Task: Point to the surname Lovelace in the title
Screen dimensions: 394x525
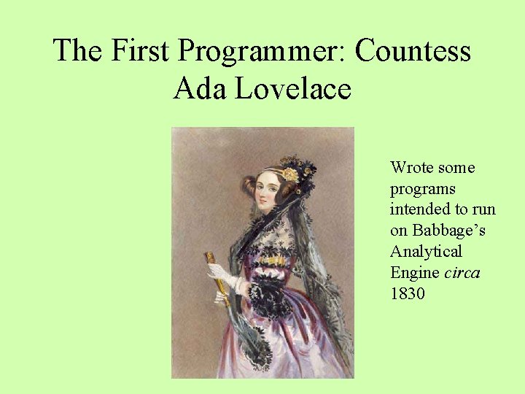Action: (290, 89)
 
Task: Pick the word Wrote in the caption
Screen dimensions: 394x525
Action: (411, 168)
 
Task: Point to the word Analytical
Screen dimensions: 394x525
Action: (426, 252)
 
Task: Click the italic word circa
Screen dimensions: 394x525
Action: (462, 273)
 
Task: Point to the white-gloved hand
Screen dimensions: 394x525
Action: (219, 275)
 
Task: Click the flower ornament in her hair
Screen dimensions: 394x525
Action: (290, 174)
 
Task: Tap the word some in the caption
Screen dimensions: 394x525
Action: (456, 168)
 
